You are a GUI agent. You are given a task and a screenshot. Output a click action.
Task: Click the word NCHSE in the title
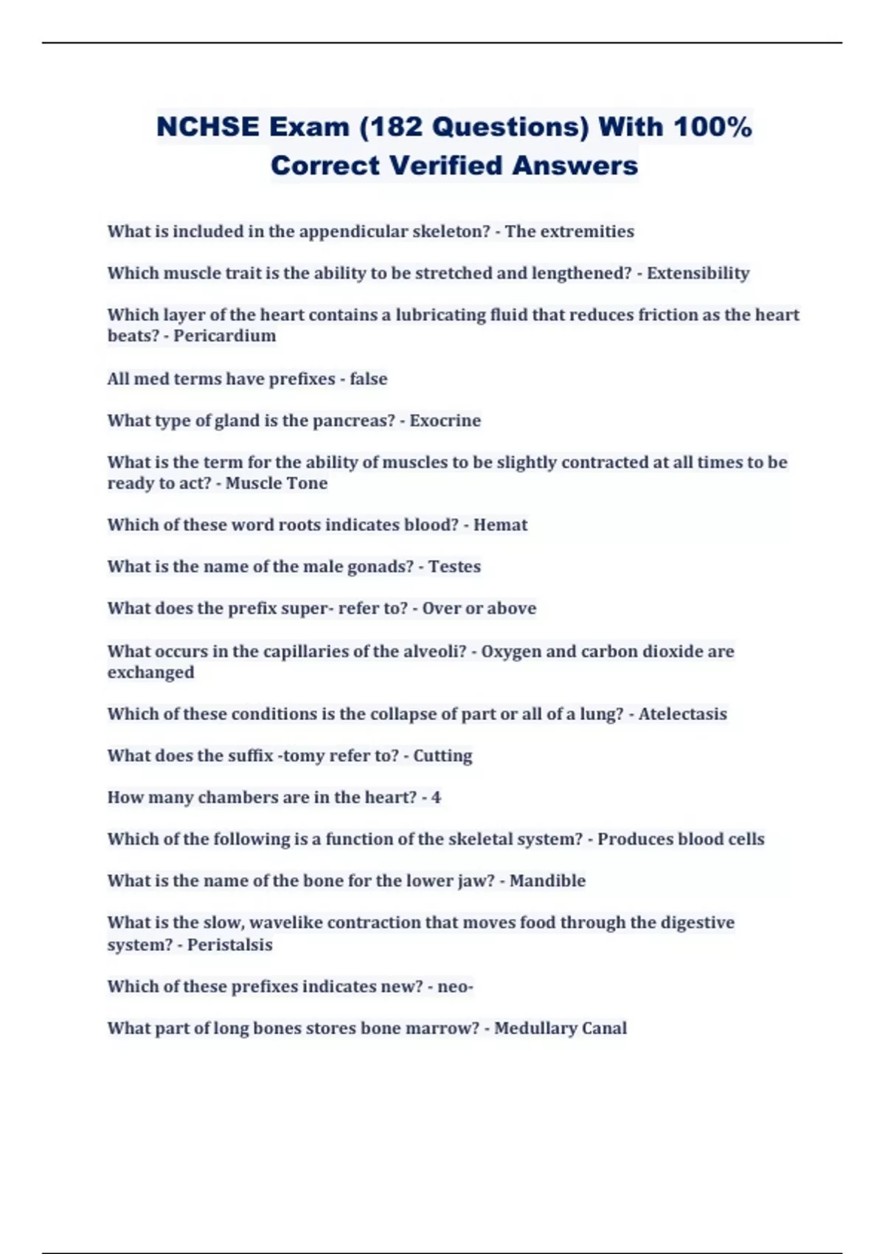(x=207, y=127)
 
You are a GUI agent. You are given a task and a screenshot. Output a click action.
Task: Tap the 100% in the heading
(x=712, y=127)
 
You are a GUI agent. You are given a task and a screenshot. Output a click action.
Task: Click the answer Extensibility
(x=698, y=273)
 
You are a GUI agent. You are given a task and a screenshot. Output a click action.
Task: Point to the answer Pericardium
(x=224, y=336)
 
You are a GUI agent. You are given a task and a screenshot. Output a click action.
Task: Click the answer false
(x=368, y=378)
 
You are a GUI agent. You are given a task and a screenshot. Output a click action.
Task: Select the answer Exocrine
(x=445, y=420)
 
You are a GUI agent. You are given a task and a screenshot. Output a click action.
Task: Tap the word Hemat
(x=500, y=524)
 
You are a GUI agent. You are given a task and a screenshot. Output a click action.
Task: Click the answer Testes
(x=454, y=567)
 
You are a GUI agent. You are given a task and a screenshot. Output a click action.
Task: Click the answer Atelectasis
(x=682, y=714)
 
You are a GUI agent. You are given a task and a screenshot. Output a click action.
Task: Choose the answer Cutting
(x=442, y=756)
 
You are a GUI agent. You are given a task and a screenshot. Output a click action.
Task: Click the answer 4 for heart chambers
(x=436, y=797)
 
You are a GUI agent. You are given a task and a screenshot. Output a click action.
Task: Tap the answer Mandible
(x=547, y=881)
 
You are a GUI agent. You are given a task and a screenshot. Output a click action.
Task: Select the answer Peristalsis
(x=229, y=945)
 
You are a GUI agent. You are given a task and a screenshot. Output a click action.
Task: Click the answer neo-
(x=455, y=987)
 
